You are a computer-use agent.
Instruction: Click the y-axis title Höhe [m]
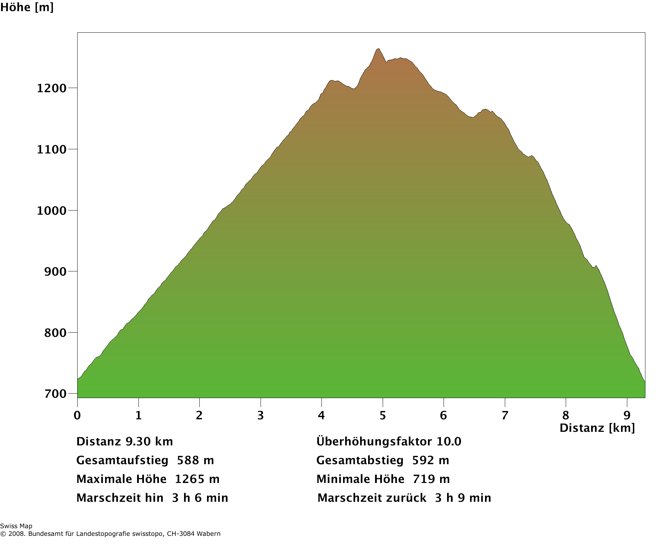click(x=27, y=7)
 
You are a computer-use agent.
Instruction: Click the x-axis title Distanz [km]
click(x=597, y=428)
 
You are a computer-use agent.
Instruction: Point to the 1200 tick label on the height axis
click(x=51, y=88)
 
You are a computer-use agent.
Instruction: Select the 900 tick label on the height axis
click(x=55, y=272)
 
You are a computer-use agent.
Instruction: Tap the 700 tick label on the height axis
click(x=55, y=394)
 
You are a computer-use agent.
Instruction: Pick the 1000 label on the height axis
click(x=51, y=211)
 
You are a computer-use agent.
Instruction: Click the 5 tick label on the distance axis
click(x=383, y=415)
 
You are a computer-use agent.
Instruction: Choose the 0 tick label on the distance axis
click(x=77, y=415)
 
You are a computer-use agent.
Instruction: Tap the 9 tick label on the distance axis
click(x=627, y=415)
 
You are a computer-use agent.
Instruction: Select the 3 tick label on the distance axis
click(x=261, y=415)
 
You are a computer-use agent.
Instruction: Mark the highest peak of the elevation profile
click(x=378, y=49)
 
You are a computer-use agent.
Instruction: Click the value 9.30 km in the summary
click(x=149, y=442)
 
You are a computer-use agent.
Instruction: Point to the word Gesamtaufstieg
click(x=122, y=460)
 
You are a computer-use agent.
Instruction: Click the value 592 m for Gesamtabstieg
click(x=430, y=460)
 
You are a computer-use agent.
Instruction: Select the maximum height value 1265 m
click(x=197, y=479)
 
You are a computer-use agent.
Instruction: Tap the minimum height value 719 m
click(x=431, y=479)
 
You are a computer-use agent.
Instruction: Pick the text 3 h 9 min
click(x=463, y=498)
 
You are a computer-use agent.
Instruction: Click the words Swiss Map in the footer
click(x=16, y=526)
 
